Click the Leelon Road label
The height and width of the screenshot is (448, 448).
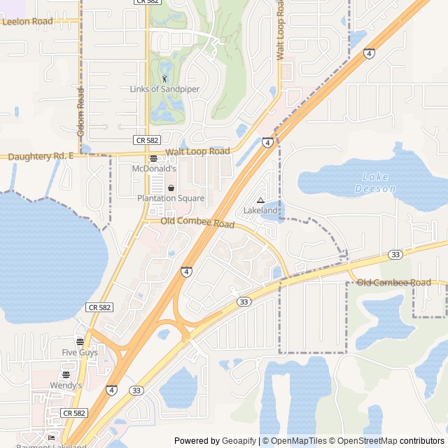(27, 22)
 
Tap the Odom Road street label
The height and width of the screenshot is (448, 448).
(80, 112)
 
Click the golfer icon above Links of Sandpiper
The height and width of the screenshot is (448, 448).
(164, 78)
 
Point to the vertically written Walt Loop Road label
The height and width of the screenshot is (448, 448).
(279, 31)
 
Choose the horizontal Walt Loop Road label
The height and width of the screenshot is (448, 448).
(197, 152)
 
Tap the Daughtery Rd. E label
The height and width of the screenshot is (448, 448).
(41, 157)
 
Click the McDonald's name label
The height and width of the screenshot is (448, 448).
(154, 169)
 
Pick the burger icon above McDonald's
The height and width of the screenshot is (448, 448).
(153, 159)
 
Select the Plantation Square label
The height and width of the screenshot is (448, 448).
(171, 199)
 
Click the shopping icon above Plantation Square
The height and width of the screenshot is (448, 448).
(171, 188)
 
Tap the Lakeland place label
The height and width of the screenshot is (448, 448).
(260, 211)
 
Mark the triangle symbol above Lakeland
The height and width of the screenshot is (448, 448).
(260, 200)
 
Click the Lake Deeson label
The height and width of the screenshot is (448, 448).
(375, 183)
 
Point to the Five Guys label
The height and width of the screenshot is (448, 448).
(80, 353)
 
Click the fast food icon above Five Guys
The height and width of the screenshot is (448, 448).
(80, 342)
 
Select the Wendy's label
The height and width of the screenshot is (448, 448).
(66, 386)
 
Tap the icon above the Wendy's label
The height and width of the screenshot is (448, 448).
(66, 375)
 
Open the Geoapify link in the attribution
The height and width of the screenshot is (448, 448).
(239, 441)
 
